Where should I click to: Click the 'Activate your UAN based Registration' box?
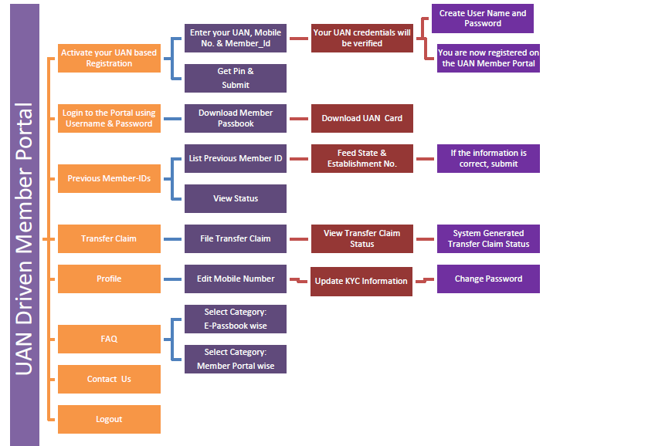[x=109, y=58]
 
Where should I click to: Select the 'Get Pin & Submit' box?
[x=235, y=78]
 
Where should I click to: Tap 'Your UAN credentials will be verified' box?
[x=362, y=38]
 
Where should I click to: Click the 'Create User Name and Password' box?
[x=482, y=19]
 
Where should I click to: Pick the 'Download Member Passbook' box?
[x=235, y=118]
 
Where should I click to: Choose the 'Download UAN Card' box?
[x=362, y=118]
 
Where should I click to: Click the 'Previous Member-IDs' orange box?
[x=109, y=178]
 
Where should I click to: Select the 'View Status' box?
[x=235, y=198]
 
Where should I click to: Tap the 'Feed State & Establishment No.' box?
[x=362, y=158]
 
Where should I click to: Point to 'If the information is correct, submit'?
[x=488, y=158]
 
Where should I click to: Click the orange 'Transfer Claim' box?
[x=109, y=238]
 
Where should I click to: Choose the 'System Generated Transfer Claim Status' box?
[x=488, y=238]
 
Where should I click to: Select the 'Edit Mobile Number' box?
[x=235, y=279]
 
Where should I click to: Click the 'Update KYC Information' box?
[x=361, y=281]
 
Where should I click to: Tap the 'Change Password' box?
[x=488, y=279]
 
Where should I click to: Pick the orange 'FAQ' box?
[x=109, y=339]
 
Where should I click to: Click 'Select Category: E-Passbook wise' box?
[x=235, y=319]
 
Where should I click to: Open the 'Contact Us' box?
[x=109, y=379]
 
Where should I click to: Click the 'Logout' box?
[x=109, y=419]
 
